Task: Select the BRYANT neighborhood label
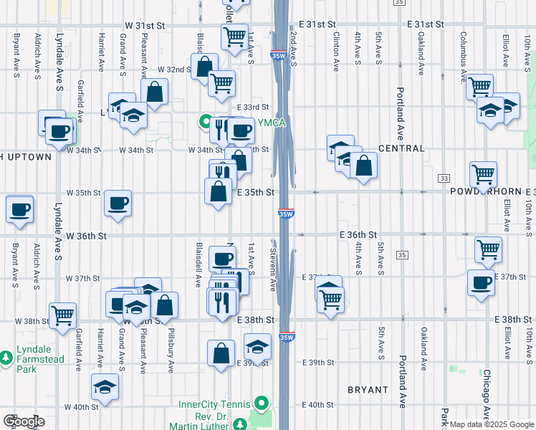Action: click(368, 390)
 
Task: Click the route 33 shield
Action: click(445, 178)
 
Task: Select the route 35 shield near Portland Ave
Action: click(402, 254)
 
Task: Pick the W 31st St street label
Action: click(144, 24)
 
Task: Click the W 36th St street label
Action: click(87, 235)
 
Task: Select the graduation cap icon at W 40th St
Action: click(105, 386)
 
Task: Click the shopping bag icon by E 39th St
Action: click(221, 352)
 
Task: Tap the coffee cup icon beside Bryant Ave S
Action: click(19, 209)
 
